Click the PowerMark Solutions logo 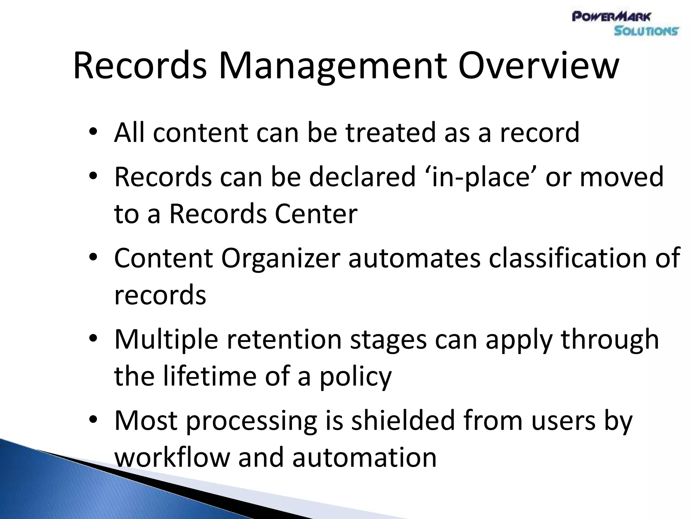click(x=625, y=24)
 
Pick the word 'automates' click(x=414, y=258)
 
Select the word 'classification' click(x=568, y=258)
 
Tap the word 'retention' click(x=284, y=339)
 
